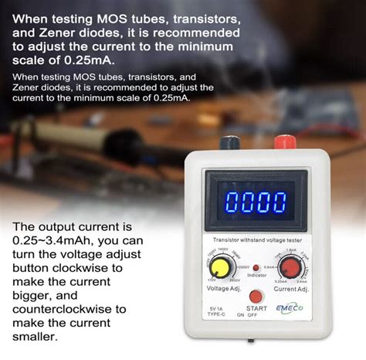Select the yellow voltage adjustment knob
(x=220, y=268)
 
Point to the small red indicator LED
(x=256, y=266)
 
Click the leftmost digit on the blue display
(x=225, y=204)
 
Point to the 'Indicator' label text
(x=256, y=275)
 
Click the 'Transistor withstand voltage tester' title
(x=255, y=239)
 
